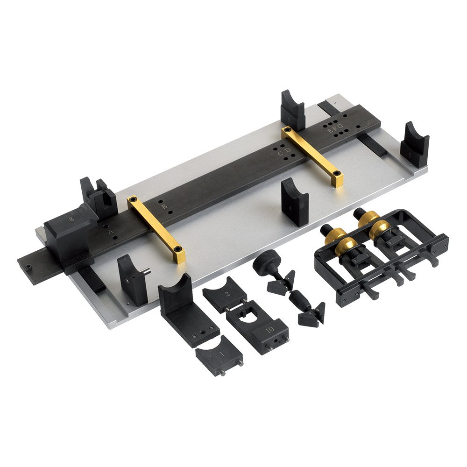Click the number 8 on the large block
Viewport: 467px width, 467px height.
71,219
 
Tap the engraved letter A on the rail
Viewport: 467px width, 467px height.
110,231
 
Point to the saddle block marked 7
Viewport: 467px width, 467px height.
292,112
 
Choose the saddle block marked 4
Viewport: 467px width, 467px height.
295,202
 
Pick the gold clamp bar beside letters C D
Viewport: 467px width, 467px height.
312,156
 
